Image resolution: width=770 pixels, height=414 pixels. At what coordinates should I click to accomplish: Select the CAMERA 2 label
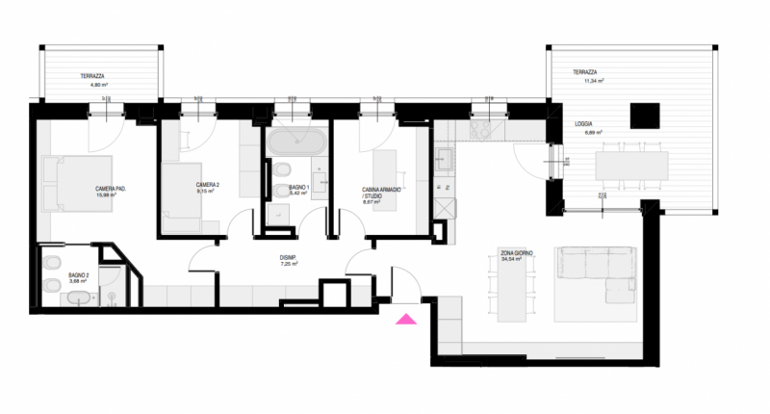(207, 184)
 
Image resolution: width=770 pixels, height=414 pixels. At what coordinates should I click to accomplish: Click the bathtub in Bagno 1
(295, 144)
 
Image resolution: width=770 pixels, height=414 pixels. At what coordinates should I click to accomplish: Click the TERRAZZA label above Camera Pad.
(92, 75)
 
